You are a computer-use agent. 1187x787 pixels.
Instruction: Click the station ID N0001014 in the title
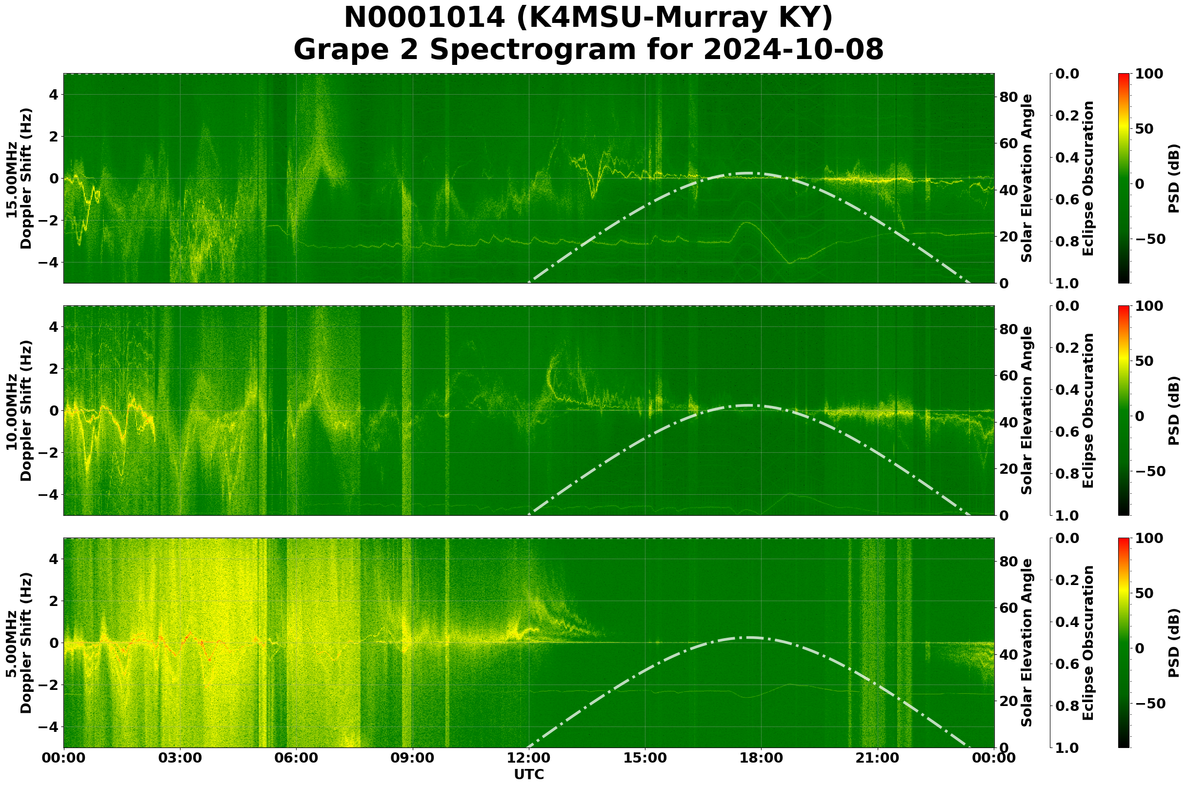(424, 18)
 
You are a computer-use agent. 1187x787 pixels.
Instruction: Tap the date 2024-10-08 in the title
(793, 50)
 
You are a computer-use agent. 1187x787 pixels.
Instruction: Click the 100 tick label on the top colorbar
(1149, 74)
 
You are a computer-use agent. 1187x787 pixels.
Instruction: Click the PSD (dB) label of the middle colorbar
(1173, 410)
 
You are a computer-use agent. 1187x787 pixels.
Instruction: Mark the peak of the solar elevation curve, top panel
(748, 173)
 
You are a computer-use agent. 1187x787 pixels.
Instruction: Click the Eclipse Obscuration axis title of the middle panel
(1088, 410)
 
